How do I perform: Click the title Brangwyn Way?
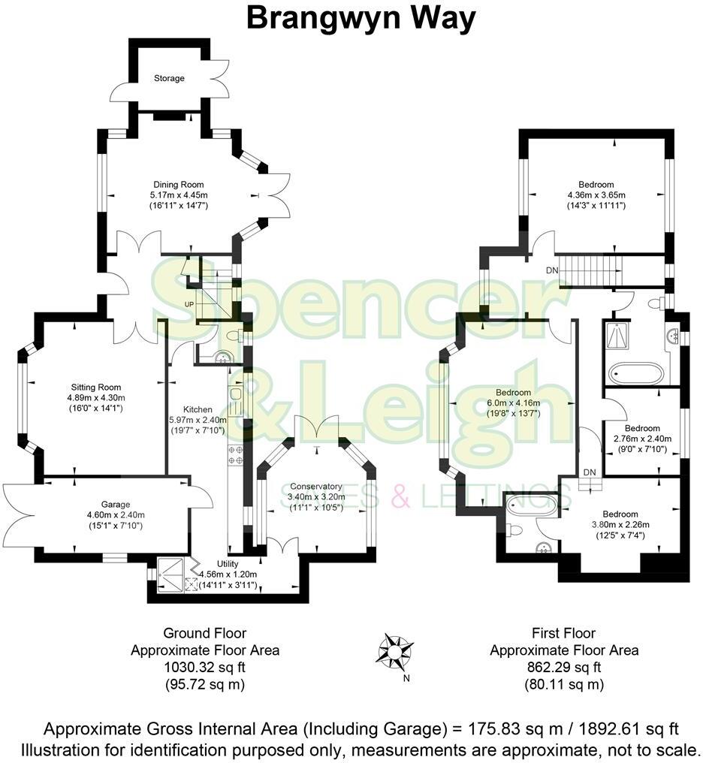(361, 19)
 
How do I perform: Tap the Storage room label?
(169, 78)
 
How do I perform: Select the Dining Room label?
(178, 185)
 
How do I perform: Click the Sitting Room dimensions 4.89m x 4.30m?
(96, 398)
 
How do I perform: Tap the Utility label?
(228, 564)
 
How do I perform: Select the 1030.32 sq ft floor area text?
(204, 668)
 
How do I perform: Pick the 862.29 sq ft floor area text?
(563, 668)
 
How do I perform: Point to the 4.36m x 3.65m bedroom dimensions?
(596, 195)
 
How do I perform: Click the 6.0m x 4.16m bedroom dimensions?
(513, 403)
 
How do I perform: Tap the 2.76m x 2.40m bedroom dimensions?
(642, 439)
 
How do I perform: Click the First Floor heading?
(564, 634)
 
